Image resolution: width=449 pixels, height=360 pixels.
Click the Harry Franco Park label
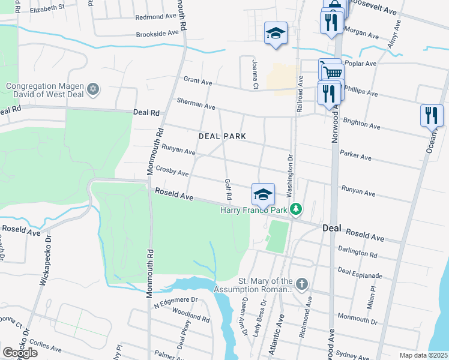255,210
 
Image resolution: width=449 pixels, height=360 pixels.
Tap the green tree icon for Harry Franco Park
295,209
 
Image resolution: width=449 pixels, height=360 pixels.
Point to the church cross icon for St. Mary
301,283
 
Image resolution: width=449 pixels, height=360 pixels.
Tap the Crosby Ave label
172,172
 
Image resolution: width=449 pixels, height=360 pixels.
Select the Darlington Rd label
357,253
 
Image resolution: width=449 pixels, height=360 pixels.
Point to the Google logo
20,352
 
